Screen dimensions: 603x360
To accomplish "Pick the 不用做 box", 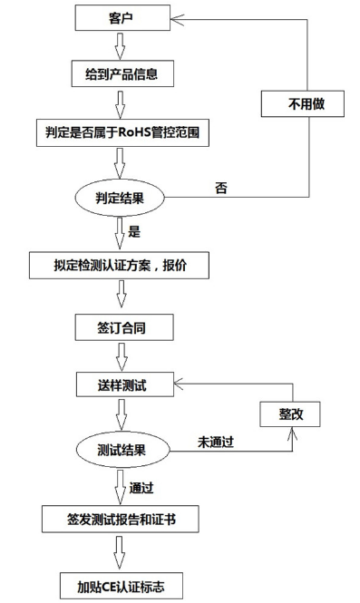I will pos(304,104).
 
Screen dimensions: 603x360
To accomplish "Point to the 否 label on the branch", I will pos(220,188).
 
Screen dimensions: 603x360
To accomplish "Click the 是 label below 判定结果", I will pos(134,231).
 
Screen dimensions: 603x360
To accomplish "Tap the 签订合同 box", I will pos(121,326).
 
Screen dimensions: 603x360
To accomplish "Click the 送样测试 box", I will pos(121,385).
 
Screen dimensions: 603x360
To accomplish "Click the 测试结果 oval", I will pos(121,448).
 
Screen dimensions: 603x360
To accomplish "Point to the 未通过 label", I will pos(218,442).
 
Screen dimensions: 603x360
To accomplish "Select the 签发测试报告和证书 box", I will pos(121,520).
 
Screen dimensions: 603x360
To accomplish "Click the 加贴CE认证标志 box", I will pos(121,581).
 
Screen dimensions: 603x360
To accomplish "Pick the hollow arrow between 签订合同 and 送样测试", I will pos(121,355).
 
